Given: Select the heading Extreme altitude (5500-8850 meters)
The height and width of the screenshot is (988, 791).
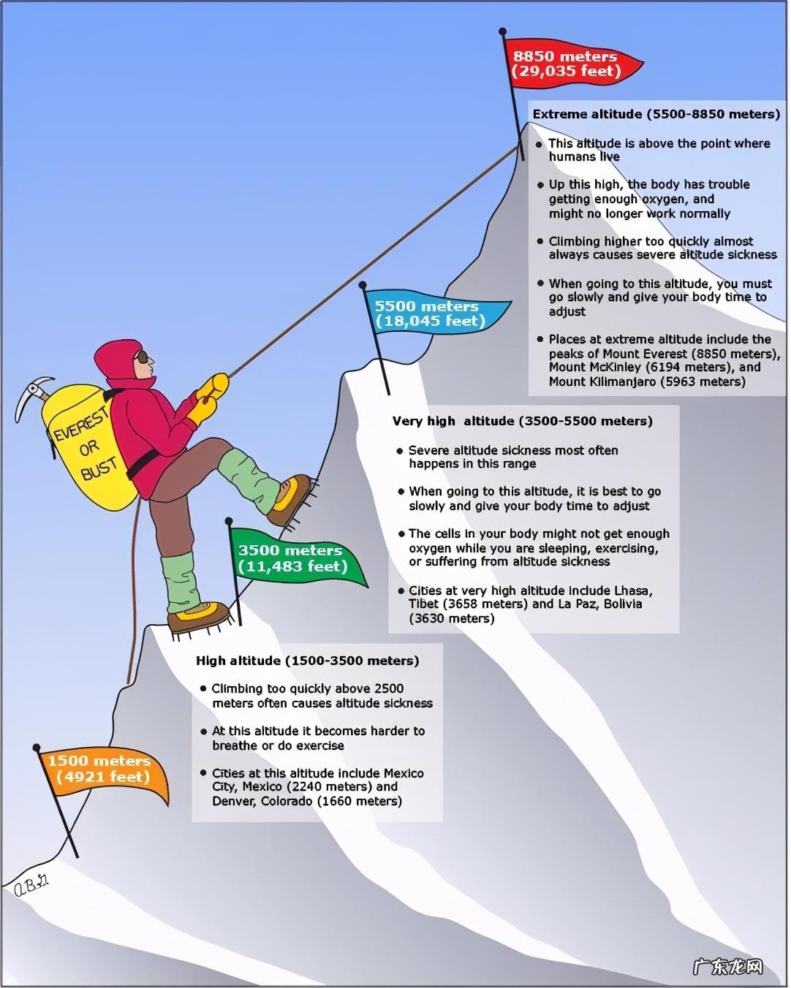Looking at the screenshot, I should click(656, 114).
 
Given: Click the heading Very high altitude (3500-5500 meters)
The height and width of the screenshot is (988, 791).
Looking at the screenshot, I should click(522, 421).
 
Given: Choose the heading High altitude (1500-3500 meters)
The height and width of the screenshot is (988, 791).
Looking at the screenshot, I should click(307, 661).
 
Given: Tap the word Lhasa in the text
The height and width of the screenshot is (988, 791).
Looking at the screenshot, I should click(633, 590).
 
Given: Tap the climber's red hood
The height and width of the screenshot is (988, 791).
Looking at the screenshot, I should click(117, 358).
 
